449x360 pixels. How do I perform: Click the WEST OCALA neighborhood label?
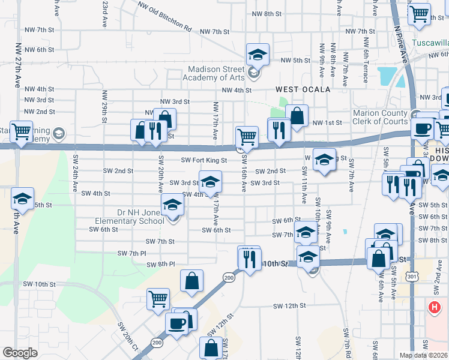[303, 89]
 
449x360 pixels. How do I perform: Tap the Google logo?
[20, 353]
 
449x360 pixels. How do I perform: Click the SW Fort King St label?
[204, 160]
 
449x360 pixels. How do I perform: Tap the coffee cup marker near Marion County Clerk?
[422, 128]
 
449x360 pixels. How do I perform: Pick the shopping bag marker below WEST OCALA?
[297, 114]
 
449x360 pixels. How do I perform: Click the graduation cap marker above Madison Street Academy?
[258, 55]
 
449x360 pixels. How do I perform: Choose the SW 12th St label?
[289, 306]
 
